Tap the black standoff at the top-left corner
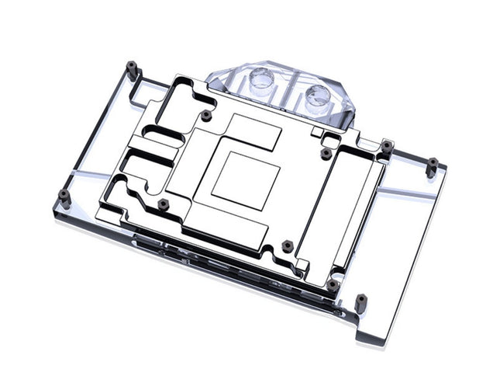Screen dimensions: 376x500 coord(133,69)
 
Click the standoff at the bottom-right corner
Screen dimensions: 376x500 coord(361,299)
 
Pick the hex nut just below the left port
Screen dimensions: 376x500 coord(205,115)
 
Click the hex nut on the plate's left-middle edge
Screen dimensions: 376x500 coord(162,204)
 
